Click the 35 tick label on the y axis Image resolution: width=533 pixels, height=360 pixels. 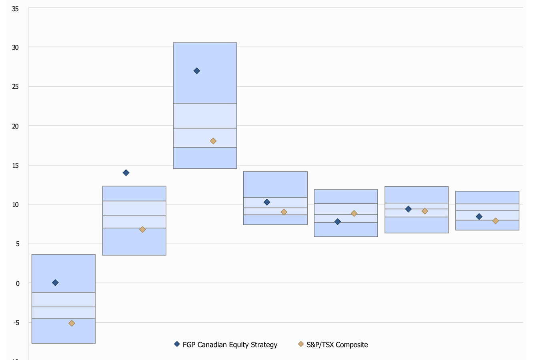click(15, 8)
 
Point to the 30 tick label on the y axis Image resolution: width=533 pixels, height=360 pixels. click(15, 47)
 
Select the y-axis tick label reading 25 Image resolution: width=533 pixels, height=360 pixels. click(15, 86)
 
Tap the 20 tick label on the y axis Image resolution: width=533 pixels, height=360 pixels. click(15, 126)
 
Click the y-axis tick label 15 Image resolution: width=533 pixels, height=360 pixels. click(15, 165)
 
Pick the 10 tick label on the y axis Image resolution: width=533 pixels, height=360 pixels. click(15, 204)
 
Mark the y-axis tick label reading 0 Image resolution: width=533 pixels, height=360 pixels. click(17, 284)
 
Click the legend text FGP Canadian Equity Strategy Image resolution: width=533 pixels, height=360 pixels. click(230, 345)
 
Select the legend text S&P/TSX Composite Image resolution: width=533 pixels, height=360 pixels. click(337, 345)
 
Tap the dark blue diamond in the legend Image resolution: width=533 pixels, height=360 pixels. click(177, 344)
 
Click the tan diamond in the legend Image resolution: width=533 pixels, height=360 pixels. click(301, 344)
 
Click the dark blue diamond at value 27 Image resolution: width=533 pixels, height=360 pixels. click(196, 71)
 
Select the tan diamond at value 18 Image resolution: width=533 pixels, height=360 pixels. click(213, 141)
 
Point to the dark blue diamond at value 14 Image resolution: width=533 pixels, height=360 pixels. click(126, 173)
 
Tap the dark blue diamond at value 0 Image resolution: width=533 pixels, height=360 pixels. click(55, 283)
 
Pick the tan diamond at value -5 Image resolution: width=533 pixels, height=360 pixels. click(72, 323)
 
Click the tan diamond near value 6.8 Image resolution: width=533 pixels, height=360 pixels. click(142, 230)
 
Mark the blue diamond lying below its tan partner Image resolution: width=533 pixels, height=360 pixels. click(337, 222)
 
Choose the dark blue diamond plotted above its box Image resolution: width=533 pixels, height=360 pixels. click(126, 173)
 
